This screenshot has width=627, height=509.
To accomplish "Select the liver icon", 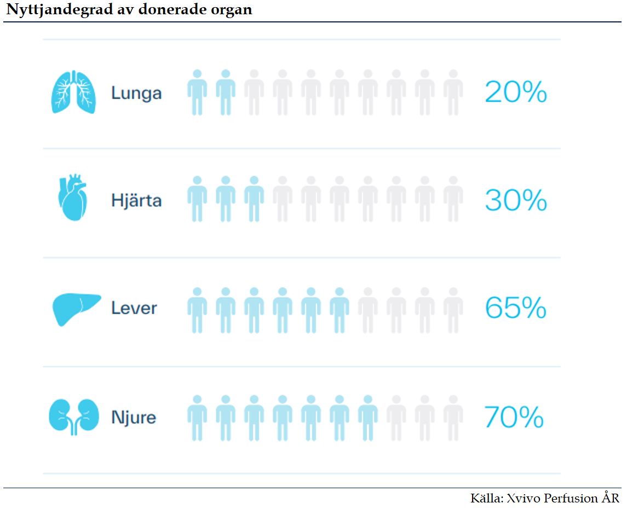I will pos(77,308).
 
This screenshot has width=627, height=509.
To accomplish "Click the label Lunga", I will pos(136,93).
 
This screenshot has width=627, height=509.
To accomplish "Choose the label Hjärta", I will pos(136,200).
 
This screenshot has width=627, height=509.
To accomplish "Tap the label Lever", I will pos(134,308).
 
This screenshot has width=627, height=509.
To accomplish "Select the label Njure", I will pos(134,418).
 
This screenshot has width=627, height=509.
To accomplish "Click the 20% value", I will pos(516,92).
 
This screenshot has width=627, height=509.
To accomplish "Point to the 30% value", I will pos(516,200).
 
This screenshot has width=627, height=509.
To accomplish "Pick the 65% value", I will pos(516,308).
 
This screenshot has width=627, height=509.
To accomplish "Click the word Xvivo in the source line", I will pos(522,498).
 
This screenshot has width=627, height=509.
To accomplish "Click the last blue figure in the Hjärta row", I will pos(254,199).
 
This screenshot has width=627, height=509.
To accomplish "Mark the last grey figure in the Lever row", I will pos(453,310).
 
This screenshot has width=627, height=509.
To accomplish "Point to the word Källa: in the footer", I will pos(487,498).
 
